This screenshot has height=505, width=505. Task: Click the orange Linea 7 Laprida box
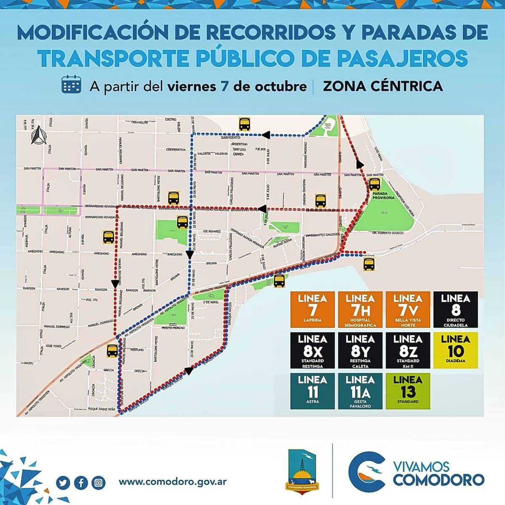(312, 310)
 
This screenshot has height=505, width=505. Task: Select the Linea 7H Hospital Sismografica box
(360, 310)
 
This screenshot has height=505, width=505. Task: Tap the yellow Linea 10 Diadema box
(456, 351)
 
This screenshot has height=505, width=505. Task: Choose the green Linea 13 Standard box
(408, 391)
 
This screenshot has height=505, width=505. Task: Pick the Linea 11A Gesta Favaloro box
(360, 391)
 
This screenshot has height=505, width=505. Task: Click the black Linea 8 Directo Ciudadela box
(456, 310)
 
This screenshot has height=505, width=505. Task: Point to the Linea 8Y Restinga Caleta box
(360, 351)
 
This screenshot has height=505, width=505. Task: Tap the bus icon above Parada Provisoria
(375, 184)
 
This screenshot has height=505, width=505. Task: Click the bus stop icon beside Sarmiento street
(245, 124)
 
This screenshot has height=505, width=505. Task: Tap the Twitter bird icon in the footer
(63, 482)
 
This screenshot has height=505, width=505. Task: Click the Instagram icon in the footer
(98, 482)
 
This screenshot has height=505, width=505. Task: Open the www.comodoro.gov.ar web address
(173, 482)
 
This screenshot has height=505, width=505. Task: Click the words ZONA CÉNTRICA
(383, 86)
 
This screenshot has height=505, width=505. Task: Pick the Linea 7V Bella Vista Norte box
(408, 310)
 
